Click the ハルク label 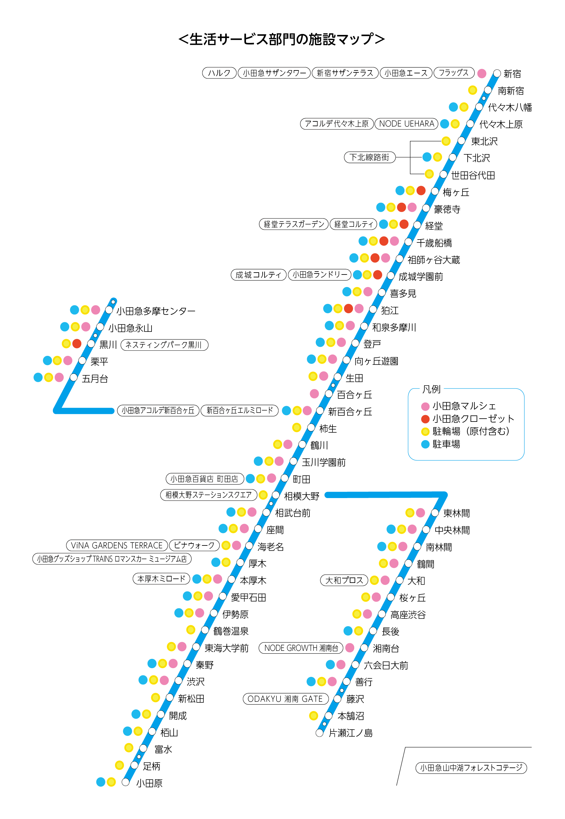coord(219,73)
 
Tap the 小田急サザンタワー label coord(274,73)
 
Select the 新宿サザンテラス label coord(345,73)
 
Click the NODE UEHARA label coord(406,124)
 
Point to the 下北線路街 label coord(369,157)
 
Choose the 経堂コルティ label coord(353,224)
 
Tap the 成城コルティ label coord(258,274)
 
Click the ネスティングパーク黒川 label coord(164,345)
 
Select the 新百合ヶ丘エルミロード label coord(240,410)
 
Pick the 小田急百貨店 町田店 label coord(205,479)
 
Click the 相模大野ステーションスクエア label coord(209,495)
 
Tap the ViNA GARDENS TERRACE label coord(117,545)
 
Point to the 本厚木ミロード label coord(161,579)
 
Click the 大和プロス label coord(344,580)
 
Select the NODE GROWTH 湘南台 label coord(301,648)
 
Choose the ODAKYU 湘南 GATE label coord(285,699)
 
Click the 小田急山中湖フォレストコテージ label coord(471,768)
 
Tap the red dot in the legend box coord(425,419)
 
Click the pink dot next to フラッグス coord(481,73)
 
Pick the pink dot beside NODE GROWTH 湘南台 coord(350,648)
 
